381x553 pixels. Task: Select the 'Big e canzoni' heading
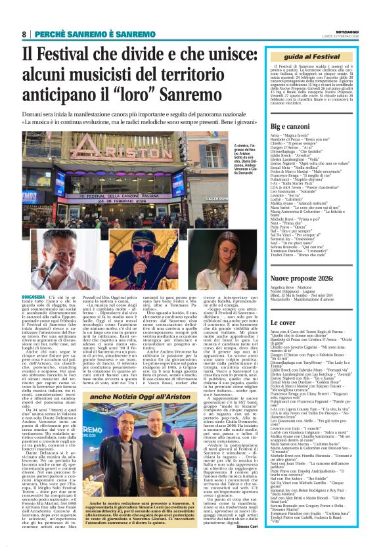[290, 125]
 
